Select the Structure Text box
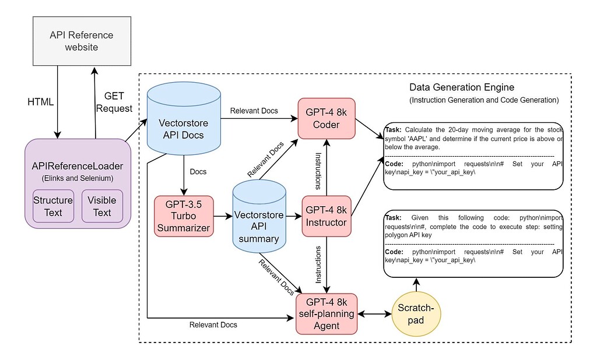point(52,206)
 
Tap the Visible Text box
point(101,206)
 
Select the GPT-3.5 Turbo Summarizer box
point(183,215)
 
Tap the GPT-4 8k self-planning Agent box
point(326,313)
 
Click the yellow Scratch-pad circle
point(416,314)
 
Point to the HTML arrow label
point(41,101)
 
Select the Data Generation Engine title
point(461,88)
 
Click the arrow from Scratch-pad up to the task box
point(416,284)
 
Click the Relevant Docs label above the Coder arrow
point(254,110)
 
